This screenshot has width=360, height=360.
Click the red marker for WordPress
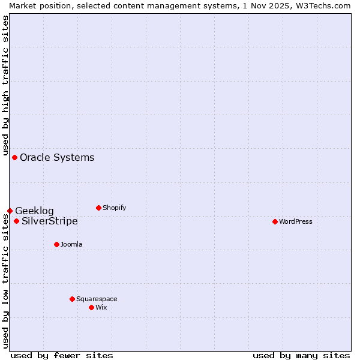click(x=275, y=221)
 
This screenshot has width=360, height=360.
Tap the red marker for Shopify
click(x=98, y=208)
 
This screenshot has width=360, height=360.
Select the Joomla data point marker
click(x=56, y=244)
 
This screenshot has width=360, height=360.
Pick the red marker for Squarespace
click(x=72, y=299)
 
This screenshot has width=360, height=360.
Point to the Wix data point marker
click(x=91, y=307)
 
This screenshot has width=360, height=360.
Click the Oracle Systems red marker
click(x=14, y=157)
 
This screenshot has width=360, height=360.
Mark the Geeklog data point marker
click(x=10, y=211)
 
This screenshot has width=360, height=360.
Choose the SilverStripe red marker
click(x=16, y=221)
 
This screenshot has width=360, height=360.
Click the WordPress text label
click(x=296, y=221)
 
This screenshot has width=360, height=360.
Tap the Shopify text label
click(x=114, y=208)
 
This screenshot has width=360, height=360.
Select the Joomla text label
click(x=71, y=244)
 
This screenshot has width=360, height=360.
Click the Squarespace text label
click(x=97, y=299)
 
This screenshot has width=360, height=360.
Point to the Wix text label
click(x=101, y=307)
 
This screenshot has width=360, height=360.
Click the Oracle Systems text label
click(x=57, y=157)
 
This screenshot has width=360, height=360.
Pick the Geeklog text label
click(x=34, y=211)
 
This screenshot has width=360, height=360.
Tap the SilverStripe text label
click(x=49, y=221)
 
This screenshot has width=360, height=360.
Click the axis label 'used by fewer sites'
click(x=62, y=355)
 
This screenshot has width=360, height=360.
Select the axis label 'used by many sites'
click(x=301, y=355)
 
